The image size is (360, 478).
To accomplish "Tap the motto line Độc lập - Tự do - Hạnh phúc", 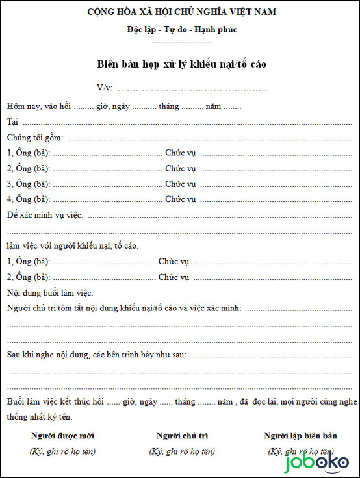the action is pos(182,29).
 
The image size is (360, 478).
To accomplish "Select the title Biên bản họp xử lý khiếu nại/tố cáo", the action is pos(181,64).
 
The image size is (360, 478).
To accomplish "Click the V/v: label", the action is pos(104,88).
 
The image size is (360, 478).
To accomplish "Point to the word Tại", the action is pos(12,121).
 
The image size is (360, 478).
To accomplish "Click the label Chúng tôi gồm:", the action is pos(35,137).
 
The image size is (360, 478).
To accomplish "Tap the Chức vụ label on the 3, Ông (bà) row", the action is pos(180,184).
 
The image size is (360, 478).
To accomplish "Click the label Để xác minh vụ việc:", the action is pos(45,215).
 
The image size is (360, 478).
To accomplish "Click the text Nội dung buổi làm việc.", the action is pos(50,292).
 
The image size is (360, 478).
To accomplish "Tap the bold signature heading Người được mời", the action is pos(62,436).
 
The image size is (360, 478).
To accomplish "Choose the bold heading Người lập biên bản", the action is pos(300,436).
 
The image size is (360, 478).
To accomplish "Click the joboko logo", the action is pos(318,464).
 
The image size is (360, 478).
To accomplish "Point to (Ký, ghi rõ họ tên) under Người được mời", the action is pos(62,451).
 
